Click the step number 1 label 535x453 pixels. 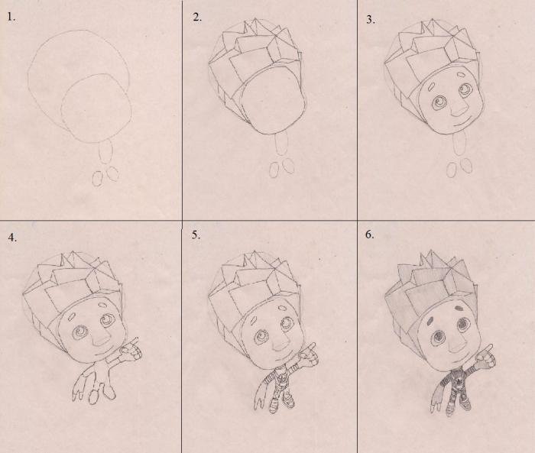[11, 17]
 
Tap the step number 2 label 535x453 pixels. [197, 17]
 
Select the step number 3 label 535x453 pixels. [371, 19]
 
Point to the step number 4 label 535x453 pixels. [12, 238]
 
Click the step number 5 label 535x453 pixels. [196, 235]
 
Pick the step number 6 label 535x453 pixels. [369, 235]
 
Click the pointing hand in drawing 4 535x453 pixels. [131, 349]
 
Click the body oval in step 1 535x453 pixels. [105, 150]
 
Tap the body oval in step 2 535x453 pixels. [282, 144]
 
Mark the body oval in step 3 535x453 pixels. [459, 144]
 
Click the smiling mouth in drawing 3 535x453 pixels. [458, 122]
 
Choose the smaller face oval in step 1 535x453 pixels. [96, 108]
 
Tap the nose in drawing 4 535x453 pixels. [102, 338]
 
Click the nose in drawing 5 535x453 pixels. [281, 344]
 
